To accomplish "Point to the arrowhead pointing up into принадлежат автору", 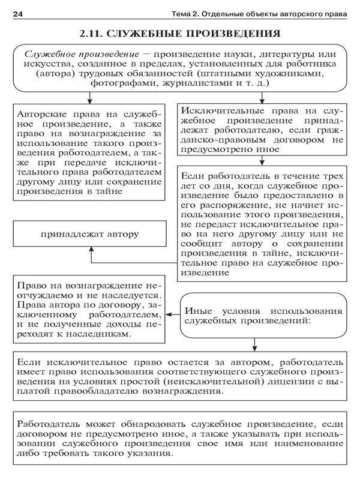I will pos(91,249).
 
